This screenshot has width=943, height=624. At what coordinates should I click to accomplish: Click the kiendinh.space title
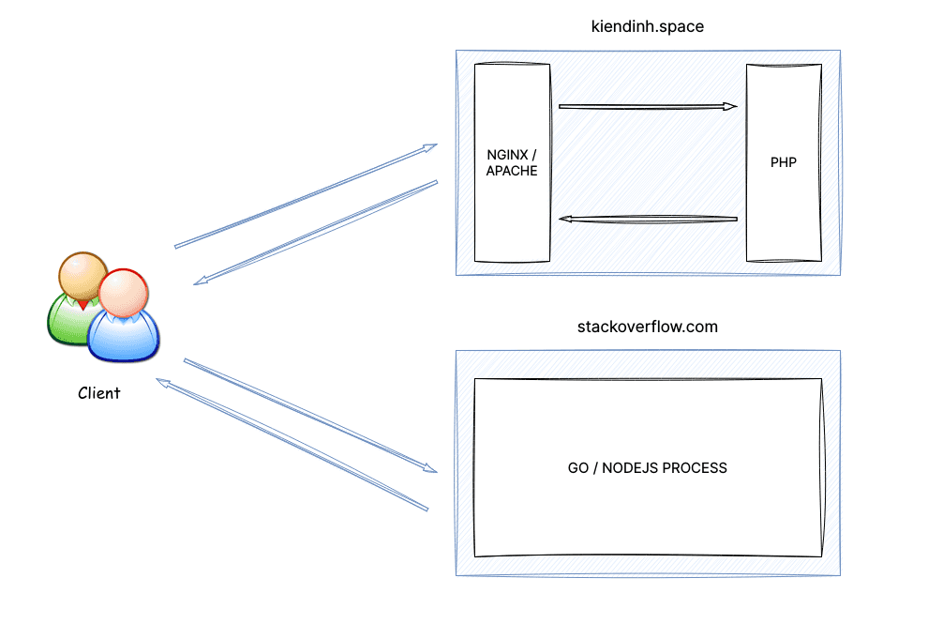(648, 26)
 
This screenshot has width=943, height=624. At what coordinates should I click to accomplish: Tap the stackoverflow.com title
(648, 327)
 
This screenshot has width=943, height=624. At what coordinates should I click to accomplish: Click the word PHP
(784, 162)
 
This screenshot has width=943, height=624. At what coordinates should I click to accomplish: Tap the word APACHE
(512, 171)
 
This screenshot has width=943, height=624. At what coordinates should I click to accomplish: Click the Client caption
(98, 393)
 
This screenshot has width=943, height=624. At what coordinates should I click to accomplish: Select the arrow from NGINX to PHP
(647, 106)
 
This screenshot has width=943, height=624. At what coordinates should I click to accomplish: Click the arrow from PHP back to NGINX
(647, 220)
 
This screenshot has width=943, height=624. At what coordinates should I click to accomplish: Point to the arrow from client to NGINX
(306, 196)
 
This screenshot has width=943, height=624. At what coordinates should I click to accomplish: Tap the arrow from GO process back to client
(292, 446)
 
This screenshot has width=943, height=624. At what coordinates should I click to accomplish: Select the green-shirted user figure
(64, 319)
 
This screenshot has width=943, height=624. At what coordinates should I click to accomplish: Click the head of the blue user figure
(122, 293)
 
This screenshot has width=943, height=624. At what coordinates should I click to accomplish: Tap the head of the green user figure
(82, 274)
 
